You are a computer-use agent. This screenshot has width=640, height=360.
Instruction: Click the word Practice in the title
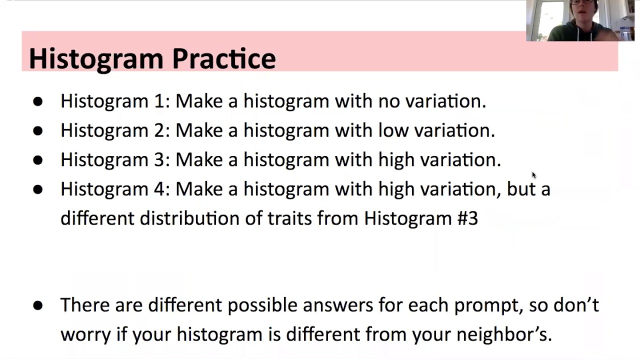[x=223, y=59]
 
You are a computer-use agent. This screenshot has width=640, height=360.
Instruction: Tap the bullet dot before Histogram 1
[x=37, y=101]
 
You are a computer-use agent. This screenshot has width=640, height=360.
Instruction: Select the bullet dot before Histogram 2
[x=37, y=131]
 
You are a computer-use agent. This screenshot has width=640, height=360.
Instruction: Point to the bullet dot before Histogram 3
[x=37, y=160]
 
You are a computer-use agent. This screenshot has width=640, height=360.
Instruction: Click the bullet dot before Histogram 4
[x=37, y=189]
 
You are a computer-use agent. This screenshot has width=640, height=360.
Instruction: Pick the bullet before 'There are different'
[x=37, y=305]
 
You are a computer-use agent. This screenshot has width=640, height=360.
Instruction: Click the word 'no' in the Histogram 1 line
[x=388, y=101]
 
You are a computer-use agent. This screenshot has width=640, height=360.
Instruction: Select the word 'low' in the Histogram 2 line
[x=390, y=130]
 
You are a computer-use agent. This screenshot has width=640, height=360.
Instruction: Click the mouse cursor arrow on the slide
[x=533, y=174]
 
